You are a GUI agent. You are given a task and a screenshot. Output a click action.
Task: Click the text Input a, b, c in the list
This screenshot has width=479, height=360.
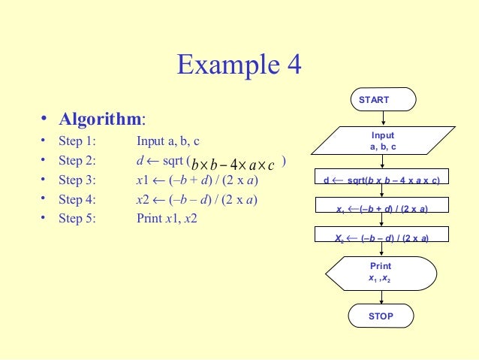[168, 141]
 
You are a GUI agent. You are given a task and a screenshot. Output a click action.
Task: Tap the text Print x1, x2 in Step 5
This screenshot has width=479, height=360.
[166, 219]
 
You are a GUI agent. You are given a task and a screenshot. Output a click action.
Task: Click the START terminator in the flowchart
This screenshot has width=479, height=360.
[383, 99]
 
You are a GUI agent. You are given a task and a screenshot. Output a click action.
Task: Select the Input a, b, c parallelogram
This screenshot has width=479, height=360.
[383, 141]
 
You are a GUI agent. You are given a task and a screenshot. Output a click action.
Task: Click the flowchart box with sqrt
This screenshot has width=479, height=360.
[382, 180]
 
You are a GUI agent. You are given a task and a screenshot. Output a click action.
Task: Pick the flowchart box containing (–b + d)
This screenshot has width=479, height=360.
[382, 208]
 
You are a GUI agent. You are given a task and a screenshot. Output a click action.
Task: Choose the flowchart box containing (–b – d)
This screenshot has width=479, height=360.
[382, 237]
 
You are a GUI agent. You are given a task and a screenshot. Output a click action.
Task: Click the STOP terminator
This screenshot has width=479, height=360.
[381, 316]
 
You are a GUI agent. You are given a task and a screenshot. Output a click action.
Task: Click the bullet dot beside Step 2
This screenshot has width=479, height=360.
[44, 160]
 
